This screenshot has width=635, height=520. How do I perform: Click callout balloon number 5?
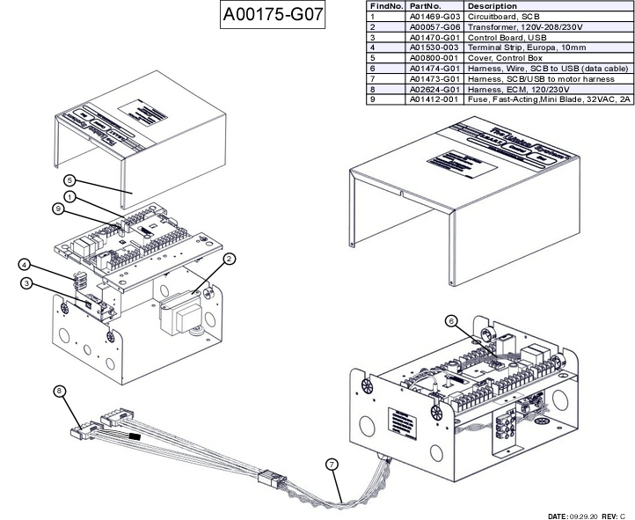(x=69, y=180)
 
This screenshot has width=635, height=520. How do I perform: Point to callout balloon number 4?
(x=26, y=264)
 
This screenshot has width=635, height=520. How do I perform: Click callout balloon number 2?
(x=229, y=259)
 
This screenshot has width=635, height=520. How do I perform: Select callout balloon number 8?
(x=60, y=392)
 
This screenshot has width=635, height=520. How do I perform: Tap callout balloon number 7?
(x=332, y=463)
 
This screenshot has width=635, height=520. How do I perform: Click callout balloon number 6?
(x=451, y=320)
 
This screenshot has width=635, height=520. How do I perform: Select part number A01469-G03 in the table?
(x=434, y=17)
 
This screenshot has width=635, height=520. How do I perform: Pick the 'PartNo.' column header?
(x=425, y=6)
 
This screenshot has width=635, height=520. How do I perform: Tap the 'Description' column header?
(x=493, y=6)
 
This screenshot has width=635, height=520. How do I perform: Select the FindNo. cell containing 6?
(x=373, y=69)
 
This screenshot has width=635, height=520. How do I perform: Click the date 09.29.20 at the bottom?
(x=586, y=516)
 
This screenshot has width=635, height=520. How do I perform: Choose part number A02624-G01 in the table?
(x=434, y=89)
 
